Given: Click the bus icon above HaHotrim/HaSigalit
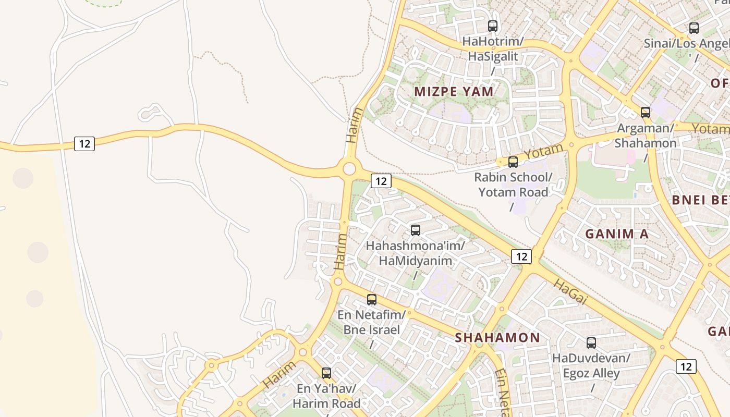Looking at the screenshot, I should (492, 26).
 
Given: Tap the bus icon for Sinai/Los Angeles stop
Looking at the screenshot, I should (693, 28).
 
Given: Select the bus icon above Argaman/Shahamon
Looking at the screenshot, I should (646, 112).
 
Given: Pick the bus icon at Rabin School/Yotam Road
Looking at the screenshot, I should (513, 162).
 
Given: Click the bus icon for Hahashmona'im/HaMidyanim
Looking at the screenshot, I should (416, 230).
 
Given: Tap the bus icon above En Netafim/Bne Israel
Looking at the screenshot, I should (372, 299).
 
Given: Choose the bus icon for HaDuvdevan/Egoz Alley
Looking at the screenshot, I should (591, 342).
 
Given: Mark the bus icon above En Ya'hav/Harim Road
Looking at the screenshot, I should (326, 373).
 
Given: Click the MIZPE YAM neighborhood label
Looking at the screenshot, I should (454, 92).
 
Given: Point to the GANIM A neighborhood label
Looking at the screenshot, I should (617, 234).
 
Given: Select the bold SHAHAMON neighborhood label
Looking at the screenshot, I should (497, 338).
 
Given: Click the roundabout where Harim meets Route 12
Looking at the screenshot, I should (349, 168).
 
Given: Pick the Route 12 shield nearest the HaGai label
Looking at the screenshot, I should (521, 256).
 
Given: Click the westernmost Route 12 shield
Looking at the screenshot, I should (84, 143).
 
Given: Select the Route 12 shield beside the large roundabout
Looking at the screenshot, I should (381, 181).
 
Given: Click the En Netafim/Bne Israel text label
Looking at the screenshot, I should (371, 322).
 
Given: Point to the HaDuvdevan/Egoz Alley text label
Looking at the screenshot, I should (591, 365).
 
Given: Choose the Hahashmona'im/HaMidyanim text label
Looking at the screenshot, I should (415, 252).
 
